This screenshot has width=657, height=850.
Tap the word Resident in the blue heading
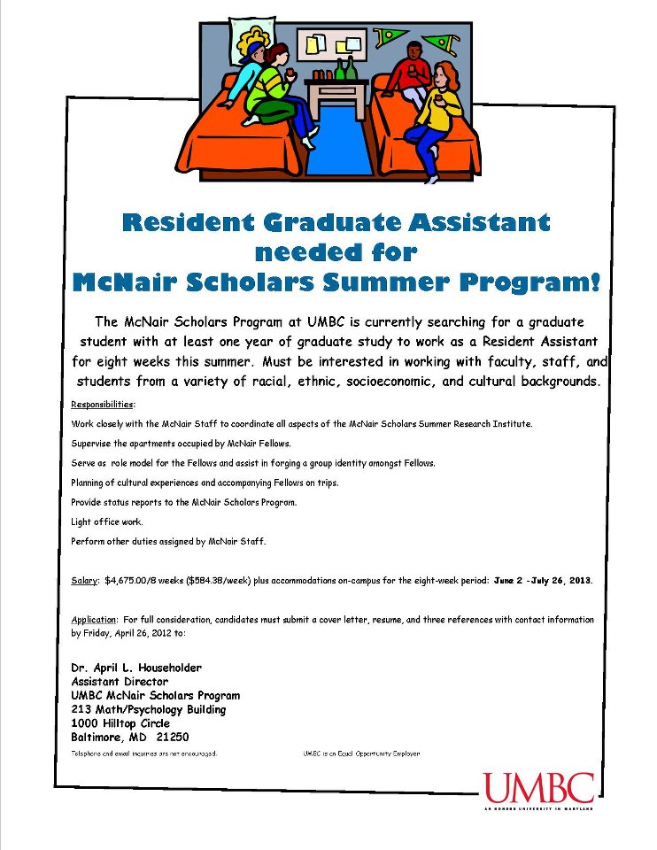(x=182, y=223)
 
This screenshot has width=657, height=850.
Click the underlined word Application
(x=93, y=619)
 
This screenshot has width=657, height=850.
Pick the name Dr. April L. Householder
(x=136, y=668)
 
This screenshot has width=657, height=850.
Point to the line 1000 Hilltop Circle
(x=120, y=723)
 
